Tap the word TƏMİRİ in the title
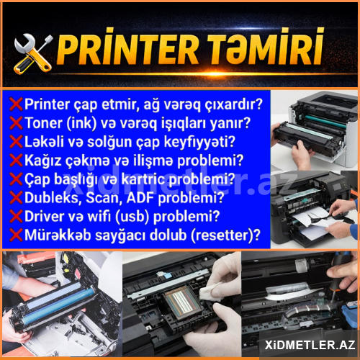(x=266, y=48)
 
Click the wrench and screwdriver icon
(x=32, y=53)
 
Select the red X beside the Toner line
(x=16, y=123)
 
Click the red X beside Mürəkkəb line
(x=16, y=235)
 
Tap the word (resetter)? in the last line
(x=225, y=235)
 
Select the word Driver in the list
(x=44, y=216)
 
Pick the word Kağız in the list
(x=43, y=161)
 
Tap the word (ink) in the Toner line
(x=81, y=123)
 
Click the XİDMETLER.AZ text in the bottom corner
(x=310, y=345)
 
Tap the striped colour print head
(x=184, y=302)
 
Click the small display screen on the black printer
(x=338, y=186)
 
